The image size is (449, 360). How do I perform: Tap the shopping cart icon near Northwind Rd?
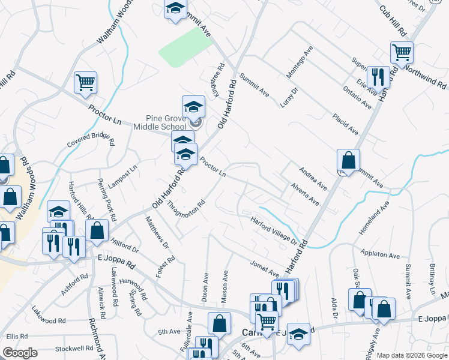tap(401, 52)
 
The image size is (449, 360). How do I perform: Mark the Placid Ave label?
tap(346, 124)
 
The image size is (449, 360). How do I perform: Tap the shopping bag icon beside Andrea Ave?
tap(348, 160)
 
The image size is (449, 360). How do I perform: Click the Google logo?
tap(20, 353)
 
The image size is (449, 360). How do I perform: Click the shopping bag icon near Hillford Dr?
tap(97, 230)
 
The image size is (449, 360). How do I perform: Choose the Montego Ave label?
tap(300, 62)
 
